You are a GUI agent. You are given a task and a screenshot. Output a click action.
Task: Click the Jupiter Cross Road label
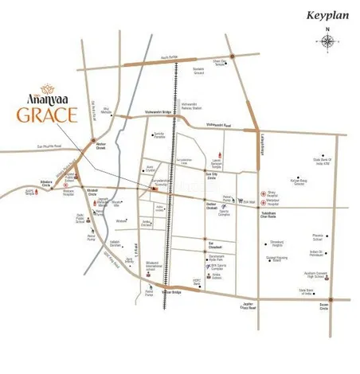click(x=246, y=306)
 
